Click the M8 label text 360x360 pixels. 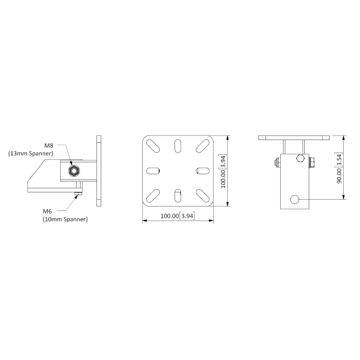pyautogui.click(x=48, y=145)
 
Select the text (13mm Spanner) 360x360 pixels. pyautogui.click(x=31, y=153)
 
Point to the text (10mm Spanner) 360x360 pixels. pyautogui.click(x=65, y=219)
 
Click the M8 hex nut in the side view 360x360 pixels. pyautogui.click(x=73, y=170)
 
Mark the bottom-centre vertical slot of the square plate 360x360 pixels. pyautogui.click(x=177, y=196)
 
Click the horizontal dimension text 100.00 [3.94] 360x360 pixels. pyautogui.click(x=177, y=216)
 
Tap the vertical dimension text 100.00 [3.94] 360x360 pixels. pyautogui.click(x=223, y=171)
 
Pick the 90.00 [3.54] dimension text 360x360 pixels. pyautogui.click(x=339, y=169)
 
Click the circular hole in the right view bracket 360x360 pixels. pyautogui.click(x=295, y=199)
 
